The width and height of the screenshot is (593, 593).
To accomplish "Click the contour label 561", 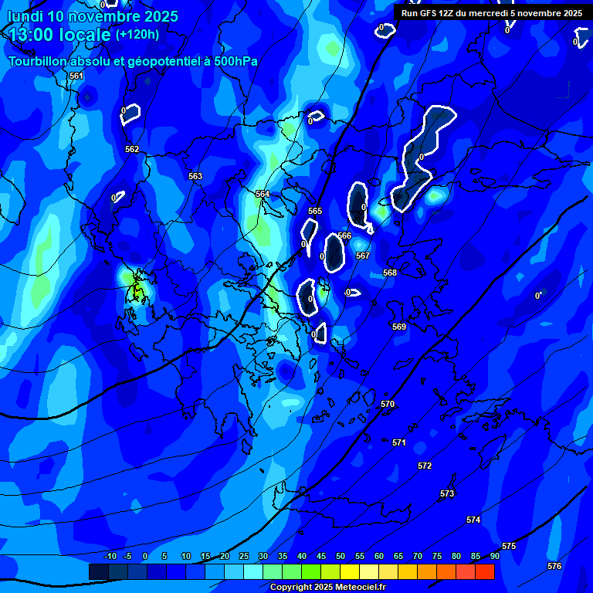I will pos(76,76).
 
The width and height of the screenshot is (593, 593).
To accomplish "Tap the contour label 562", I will pos(132,149).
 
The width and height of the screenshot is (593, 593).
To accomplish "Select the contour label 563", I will pos(195,177).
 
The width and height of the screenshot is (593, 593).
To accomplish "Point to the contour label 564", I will pos(263,194).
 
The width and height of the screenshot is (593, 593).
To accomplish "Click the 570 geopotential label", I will pos(388,404).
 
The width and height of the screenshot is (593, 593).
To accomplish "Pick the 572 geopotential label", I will pos(425,466).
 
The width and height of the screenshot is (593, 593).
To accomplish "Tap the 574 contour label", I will pos(473,520).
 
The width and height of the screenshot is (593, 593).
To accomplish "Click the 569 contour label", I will pos(399,327).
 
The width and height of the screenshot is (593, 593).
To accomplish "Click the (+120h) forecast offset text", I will pos(137,34).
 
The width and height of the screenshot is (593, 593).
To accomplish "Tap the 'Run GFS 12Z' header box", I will pos(491,12).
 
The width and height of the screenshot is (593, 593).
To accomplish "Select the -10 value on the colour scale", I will pos(109,556).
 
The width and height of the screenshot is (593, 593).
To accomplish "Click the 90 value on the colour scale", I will pos(494,556).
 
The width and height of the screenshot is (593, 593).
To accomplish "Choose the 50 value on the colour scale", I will pos(341,556).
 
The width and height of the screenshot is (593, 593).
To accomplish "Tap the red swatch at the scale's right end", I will pos(485,571).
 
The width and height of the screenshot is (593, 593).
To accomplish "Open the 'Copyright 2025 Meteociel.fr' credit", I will pos(327,588).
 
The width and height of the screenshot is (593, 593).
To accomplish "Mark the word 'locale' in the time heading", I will pos(82,35).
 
